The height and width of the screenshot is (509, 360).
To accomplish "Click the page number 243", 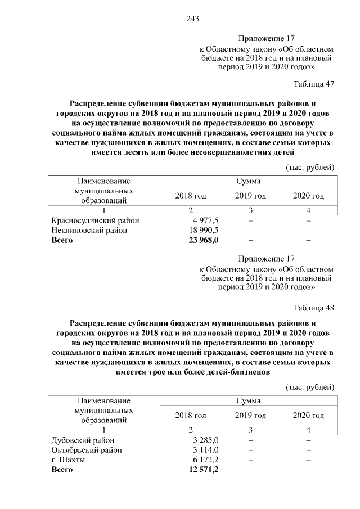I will [192, 19].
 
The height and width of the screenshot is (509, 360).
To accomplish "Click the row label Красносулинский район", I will [95, 220].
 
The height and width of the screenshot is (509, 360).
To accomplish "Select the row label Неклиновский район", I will [89, 230].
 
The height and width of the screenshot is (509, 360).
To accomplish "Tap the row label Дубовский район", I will [83, 440].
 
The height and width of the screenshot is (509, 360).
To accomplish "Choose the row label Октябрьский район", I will [87, 449].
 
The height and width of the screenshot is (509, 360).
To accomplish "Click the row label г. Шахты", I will [68, 459].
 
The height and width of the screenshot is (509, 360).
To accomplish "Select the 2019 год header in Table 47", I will [250, 196].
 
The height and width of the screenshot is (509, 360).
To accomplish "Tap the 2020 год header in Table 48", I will [309, 416].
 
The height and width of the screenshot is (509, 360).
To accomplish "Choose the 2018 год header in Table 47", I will [191, 196].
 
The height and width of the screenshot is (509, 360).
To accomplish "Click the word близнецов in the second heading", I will [250, 372].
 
